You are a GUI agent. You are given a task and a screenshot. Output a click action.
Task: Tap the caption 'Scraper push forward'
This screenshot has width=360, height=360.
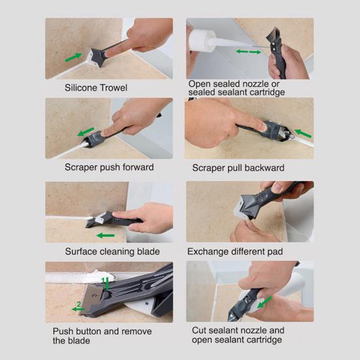[109, 167]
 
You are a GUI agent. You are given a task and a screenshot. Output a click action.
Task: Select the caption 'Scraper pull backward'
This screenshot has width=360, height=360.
[238, 168]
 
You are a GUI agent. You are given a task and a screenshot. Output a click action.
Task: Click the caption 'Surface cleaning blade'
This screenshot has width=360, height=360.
[112, 251]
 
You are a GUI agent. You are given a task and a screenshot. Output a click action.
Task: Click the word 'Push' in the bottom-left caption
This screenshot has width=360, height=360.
[64, 331]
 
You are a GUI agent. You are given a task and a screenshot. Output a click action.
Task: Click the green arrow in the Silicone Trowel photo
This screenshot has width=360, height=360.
[74, 57]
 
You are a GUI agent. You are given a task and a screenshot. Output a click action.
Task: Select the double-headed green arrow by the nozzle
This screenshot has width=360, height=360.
[248, 51]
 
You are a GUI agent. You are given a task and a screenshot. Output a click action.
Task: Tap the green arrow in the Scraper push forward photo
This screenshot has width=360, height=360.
[86, 132]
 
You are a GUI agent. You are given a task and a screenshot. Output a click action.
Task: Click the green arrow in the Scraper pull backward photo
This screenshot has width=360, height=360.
[301, 133]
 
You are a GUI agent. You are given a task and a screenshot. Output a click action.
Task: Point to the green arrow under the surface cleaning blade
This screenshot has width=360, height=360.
[105, 235]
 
